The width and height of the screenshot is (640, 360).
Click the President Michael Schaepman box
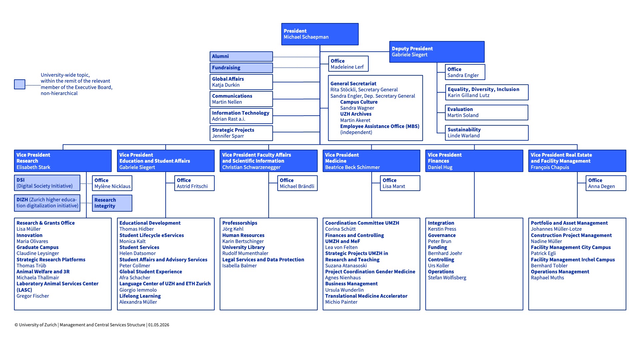click(320, 34)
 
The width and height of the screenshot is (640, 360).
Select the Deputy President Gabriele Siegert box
click(437, 52)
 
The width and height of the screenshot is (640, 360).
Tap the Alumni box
click(241, 56)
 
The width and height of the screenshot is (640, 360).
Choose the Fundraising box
click(241, 68)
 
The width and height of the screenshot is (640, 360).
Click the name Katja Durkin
click(226, 85)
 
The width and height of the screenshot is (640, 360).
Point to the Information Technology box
click(241, 116)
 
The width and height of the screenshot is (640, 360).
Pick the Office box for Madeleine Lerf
click(348, 64)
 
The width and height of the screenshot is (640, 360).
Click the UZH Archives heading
click(356, 114)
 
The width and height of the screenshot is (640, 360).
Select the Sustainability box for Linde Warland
click(487, 133)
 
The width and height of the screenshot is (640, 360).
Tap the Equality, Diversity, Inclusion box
click(487, 92)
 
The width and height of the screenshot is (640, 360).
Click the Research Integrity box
click(112, 203)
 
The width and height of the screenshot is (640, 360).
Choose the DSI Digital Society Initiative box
click(47, 183)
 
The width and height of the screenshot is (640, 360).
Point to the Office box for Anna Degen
click(606, 183)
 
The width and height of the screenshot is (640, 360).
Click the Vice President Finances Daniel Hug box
click(474, 161)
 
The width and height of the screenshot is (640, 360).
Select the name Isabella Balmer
click(239, 266)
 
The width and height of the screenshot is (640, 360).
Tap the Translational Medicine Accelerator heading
click(366, 296)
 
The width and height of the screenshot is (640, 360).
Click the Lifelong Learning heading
click(140, 296)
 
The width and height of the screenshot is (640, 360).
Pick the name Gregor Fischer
click(33, 296)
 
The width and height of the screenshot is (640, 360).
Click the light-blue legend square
click(20, 84)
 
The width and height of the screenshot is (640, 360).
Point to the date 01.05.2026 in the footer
click(159, 325)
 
